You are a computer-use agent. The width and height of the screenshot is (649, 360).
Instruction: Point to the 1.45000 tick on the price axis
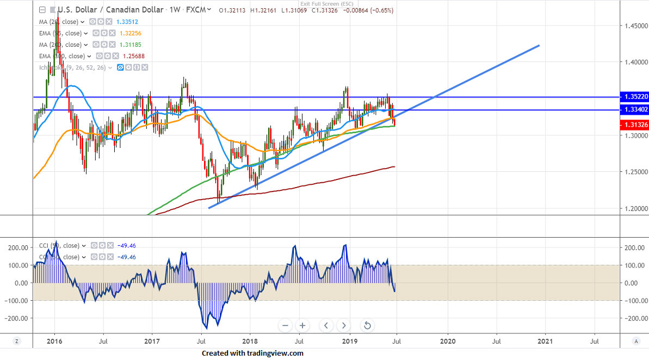pos(635,26)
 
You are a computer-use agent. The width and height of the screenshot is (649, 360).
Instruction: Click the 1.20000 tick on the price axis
pos(635,208)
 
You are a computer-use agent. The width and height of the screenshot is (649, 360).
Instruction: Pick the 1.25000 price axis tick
pos(635,172)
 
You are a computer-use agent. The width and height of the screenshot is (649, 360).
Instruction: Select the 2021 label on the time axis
pos(545,341)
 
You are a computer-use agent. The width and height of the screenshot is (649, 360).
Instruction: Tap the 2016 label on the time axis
pos(54,341)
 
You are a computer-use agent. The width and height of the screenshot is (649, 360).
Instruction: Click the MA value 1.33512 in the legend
pos(127,22)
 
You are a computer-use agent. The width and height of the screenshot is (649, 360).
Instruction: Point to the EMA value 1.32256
pos(132,33)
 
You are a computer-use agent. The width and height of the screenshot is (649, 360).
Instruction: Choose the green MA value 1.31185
pos(131,45)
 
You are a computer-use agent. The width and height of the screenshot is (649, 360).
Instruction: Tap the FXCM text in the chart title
pos(195,10)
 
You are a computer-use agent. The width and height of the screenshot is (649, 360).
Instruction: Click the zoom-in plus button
pos(302,326)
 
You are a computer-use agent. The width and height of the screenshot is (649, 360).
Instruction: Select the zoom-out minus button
pos(286,326)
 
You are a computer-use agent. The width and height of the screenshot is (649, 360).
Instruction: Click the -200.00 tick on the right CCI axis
pos(634,318)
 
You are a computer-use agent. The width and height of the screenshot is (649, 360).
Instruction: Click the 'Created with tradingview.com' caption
pos(252,353)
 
